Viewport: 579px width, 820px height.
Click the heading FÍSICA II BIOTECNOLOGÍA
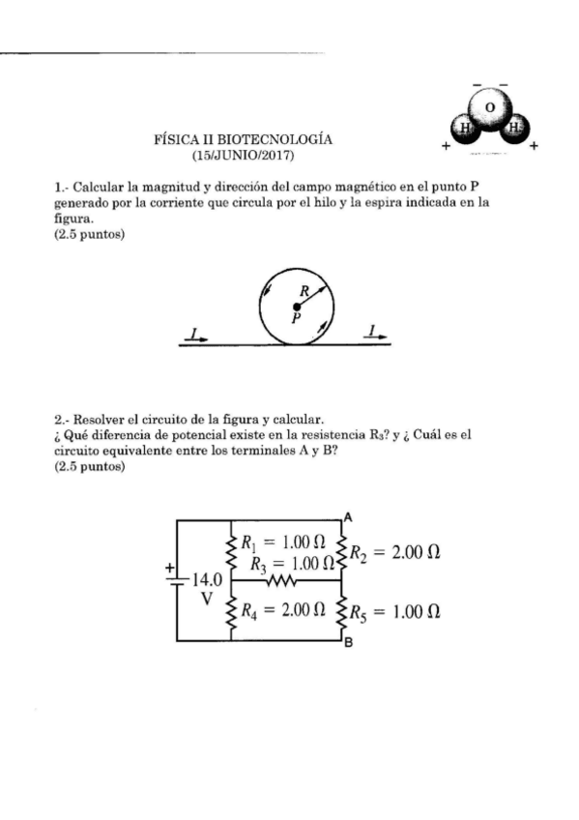pyautogui.click(x=244, y=139)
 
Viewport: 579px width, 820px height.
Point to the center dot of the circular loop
pyautogui.click(x=296, y=306)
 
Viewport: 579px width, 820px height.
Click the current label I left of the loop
pyautogui.click(x=196, y=334)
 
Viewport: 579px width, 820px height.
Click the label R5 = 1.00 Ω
pyautogui.click(x=394, y=611)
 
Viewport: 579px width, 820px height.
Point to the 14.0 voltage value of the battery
pyautogui.click(x=208, y=580)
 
